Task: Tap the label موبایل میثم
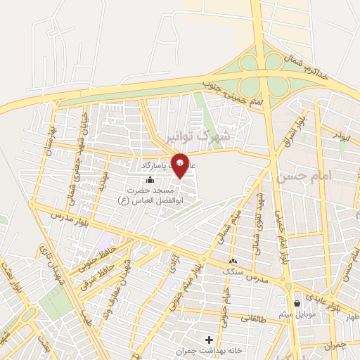tap(302, 314)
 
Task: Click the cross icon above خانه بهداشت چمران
tap(209, 340)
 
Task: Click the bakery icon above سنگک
tap(233, 262)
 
